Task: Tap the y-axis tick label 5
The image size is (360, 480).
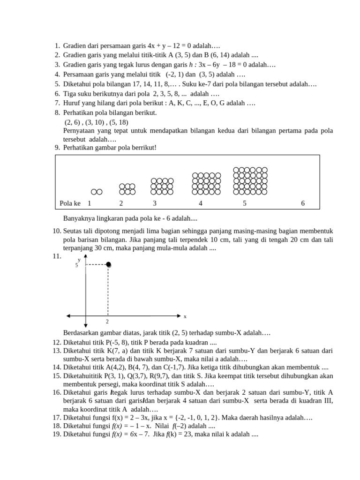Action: [76, 266]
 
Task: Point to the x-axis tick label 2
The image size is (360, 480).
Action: [107, 322]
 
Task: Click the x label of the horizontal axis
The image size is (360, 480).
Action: [185, 316]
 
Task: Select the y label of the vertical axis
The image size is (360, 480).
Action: [79, 259]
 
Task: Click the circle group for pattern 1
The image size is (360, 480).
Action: [97, 192]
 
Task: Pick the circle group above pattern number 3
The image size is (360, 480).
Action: [162, 186]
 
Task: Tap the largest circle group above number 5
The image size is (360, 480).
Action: [250, 181]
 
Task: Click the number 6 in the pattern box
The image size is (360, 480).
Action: [303, 203]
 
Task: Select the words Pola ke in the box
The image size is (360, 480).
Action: [70, 203]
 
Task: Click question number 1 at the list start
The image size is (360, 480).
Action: [57, 46]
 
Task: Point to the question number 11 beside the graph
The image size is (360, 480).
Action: [57, 256]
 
